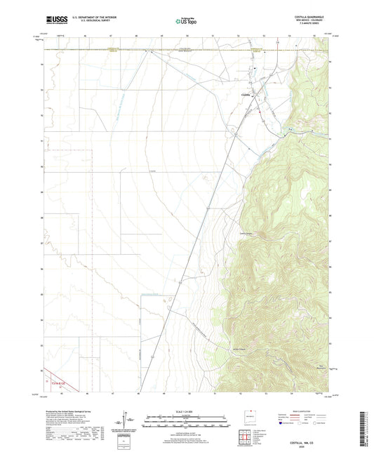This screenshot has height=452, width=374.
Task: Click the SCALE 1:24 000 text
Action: coord(186,411)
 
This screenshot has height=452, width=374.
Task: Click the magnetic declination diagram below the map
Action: coord(128,421)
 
